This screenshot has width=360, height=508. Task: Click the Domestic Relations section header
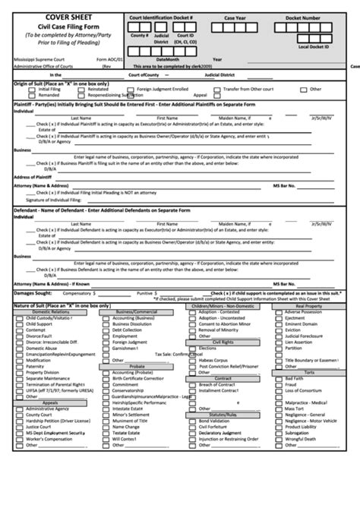click(51, 311)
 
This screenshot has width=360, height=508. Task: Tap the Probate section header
click(137, 366)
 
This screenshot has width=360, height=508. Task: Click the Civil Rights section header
click(223, 342)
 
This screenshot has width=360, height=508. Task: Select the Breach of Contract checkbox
click(192, 384)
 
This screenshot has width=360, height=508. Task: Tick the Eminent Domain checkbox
click(279, 324)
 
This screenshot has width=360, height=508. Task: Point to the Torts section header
click(309, 372)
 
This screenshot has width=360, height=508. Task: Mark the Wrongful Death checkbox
click(279, 439)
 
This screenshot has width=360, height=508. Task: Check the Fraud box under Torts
click(279, 384)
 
